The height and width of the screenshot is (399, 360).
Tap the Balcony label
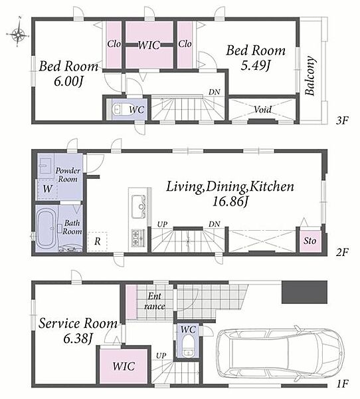point(310,75)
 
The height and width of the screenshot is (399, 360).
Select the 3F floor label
point(341,120)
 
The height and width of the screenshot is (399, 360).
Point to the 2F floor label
point(341,252)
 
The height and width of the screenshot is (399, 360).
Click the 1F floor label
point(342,384)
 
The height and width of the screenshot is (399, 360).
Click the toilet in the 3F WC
point(120,109)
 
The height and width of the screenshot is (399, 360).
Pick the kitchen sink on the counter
point(139,207)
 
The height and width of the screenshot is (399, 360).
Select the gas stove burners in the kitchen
point(138,237)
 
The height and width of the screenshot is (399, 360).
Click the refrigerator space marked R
point(98,241)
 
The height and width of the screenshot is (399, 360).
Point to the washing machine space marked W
point(47,189)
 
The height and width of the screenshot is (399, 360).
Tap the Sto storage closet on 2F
point(310,241)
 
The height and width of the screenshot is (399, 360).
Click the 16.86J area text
point(230,201)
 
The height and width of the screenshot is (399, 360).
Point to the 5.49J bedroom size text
point(255,66)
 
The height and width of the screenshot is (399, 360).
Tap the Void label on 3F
point(262,110)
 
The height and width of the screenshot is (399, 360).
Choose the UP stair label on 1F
point(161,356)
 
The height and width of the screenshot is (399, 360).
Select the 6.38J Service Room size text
point(78,338)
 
